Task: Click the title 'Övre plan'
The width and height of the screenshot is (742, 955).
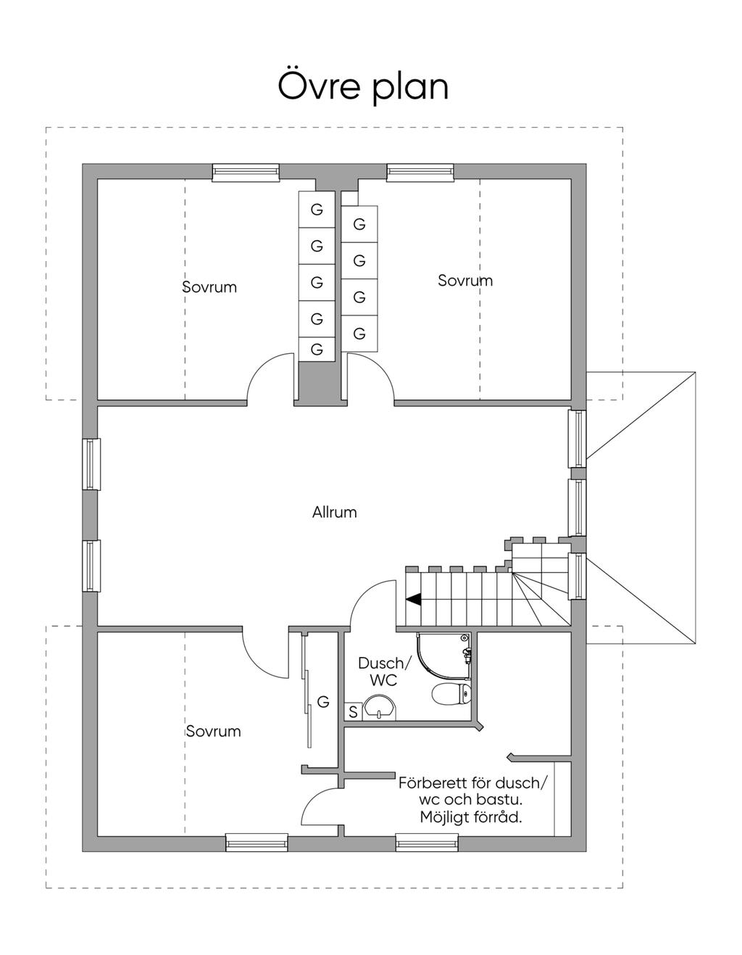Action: coord(364,87)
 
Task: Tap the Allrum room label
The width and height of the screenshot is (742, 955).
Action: coord(335,513)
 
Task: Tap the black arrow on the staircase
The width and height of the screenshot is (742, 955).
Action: coord(413,599)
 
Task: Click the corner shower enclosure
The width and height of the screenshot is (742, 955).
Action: coord(443,660)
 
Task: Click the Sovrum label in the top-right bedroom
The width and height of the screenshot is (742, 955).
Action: coord(465,281)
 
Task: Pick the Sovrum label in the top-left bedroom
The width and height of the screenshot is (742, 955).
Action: coord(210,287)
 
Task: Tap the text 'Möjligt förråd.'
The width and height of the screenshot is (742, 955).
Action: coord(471,817)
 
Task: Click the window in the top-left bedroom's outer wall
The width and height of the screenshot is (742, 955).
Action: coord(246,173)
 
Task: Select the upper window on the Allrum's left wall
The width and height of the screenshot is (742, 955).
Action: coord(92,464)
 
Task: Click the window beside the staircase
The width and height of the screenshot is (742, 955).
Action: coord(578,576)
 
